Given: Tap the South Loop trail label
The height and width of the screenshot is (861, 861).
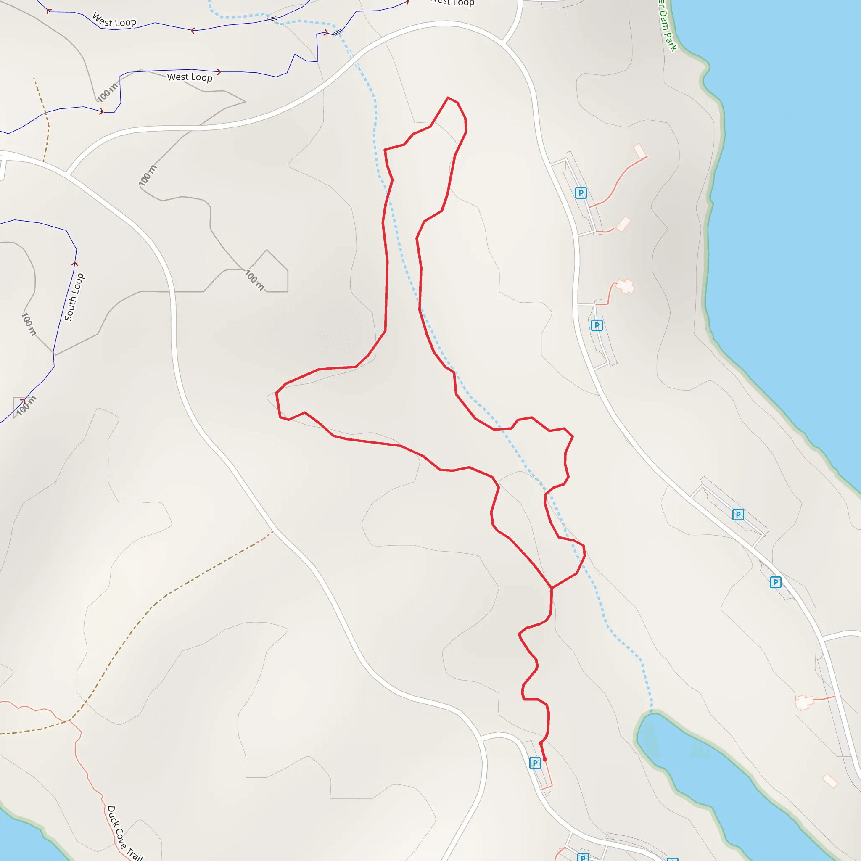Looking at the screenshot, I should click(x=74, y=297).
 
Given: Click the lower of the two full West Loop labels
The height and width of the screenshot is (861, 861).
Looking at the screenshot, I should click(x=190, y=77).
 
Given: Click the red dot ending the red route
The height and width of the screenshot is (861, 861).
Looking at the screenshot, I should click(x=544, y=759).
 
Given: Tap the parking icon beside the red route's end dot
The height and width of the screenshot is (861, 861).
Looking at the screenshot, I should click(x=535, y=763).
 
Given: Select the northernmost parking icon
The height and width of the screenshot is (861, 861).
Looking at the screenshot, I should click(x=581, y=193).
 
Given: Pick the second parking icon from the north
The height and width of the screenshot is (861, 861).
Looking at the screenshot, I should click(x=597, y=325).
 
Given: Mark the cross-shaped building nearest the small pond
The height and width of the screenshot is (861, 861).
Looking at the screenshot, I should click(x=804, y=703).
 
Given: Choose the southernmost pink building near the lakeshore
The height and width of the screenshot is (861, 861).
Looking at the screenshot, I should click(x=830, y=781).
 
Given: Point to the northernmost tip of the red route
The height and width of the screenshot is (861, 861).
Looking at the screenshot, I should click(x=448, y=98).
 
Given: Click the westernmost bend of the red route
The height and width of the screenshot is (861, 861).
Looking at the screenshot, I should click(x=276, y=393).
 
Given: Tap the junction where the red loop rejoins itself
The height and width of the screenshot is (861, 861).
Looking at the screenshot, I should click(x=552, y=588).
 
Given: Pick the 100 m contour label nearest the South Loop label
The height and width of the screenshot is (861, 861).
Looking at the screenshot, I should click(x=29, y=324).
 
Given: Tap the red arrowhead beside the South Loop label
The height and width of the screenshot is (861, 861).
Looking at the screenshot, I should click(x=75, y=264).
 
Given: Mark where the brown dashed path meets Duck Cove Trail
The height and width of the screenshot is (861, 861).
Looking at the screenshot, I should click(x=68, y=721).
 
